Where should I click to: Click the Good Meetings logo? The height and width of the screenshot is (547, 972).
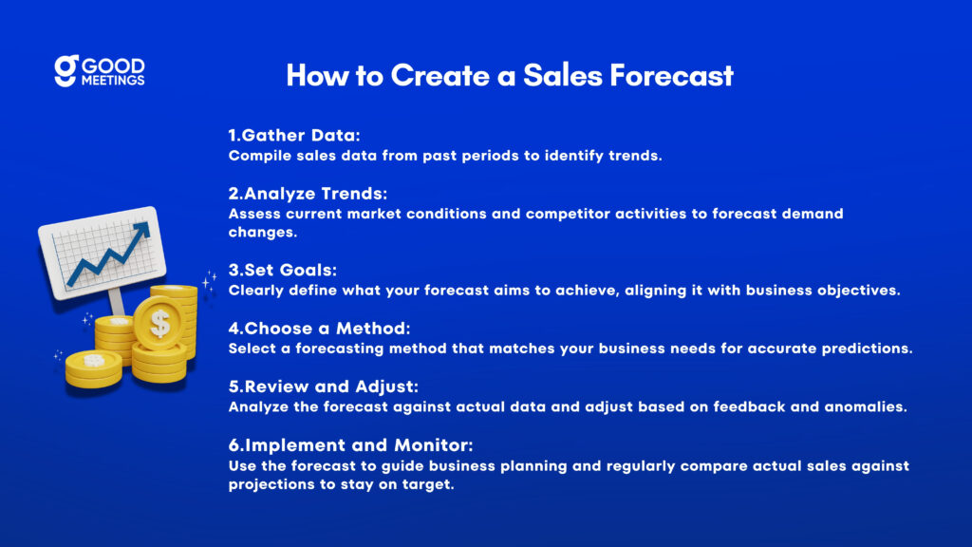pyautogui.click(x=99, y=70)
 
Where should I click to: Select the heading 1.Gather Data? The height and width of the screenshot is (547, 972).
pyautogui.click(x=294, y=135)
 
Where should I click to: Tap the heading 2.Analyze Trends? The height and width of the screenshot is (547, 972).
pyautogui.click(x=308, y=194)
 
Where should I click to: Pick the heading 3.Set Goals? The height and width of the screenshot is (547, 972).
pyautogui.click(x=283, y=270)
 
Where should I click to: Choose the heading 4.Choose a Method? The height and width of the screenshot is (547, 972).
pyautogui.click(x=319, y=328)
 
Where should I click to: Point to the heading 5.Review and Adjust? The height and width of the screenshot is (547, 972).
pyautogui.click(x=323, y=387)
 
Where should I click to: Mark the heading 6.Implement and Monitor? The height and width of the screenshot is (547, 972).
pyautogui.click(x=350, y=444)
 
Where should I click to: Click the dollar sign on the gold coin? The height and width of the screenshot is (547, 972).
pyautogui.click(x=159, y=323)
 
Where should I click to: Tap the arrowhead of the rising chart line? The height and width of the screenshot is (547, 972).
pyautogui.click(x=141, y=231)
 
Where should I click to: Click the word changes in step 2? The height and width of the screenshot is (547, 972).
pyautogui.click(x=263, y=233)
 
